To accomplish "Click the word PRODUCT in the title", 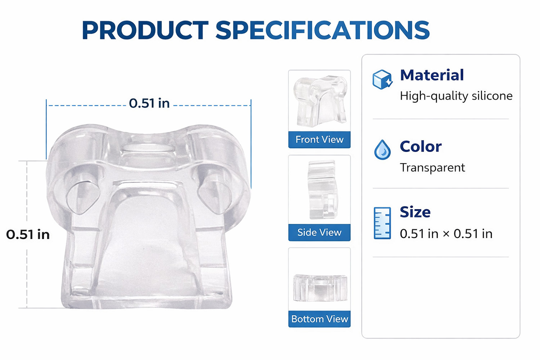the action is click(145, 30).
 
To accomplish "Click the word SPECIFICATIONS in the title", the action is click(323, 30).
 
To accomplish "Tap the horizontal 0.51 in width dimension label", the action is click(149, 103).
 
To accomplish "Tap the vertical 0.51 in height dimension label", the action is click(28, 234).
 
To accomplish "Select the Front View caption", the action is click(319, 139).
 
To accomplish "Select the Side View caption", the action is click(319, 233).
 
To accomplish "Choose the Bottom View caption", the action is click(320, 319).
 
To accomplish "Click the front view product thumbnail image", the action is click(320, 101).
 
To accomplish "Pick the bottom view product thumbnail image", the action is click(320, 288).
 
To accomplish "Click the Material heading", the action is click(432, 75).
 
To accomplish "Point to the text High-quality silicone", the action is click(456, 96).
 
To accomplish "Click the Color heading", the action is click(421, 147).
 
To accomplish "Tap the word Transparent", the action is click(432, 168).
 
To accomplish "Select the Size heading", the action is click(415, 212).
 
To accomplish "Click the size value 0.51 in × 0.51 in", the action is click(446, 234).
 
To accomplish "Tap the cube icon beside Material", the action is click(382, 80).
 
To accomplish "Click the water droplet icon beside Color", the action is click(382, 149).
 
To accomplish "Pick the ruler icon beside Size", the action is click(382, 223).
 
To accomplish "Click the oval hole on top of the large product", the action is click(148, 148).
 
